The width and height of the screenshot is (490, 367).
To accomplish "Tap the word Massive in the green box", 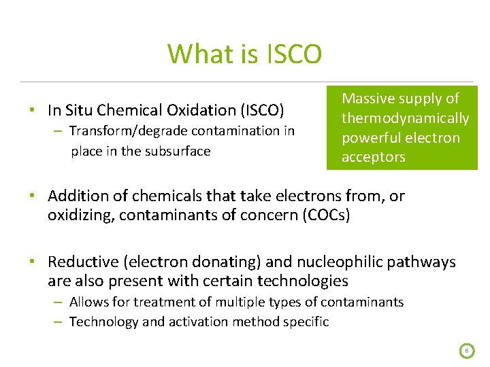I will (368, 99).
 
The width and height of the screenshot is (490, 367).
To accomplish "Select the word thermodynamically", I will (405, 118).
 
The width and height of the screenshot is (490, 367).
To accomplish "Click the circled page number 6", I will (467, 351).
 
